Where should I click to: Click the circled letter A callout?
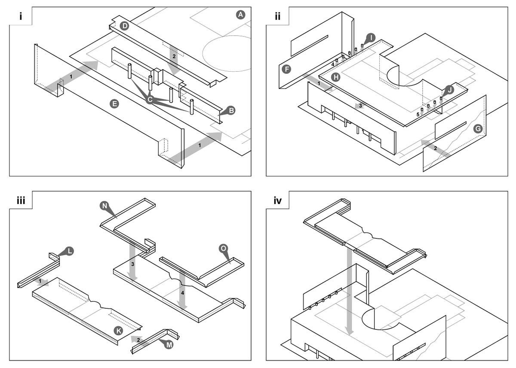click(240, 15)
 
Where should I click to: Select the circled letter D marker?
click(125, 26)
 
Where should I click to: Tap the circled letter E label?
click(114, 103)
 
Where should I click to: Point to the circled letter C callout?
click(150, 100)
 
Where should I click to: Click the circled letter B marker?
click(231, 111)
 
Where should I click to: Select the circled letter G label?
click(477, 129)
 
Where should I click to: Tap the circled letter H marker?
click(336, 77)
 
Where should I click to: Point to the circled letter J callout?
click(449, 90)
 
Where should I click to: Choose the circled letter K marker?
click(119, 330)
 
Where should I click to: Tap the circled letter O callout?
click(223, 249)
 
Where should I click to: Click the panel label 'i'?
click(20, 16)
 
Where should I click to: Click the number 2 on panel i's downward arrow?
click(174, 56)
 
